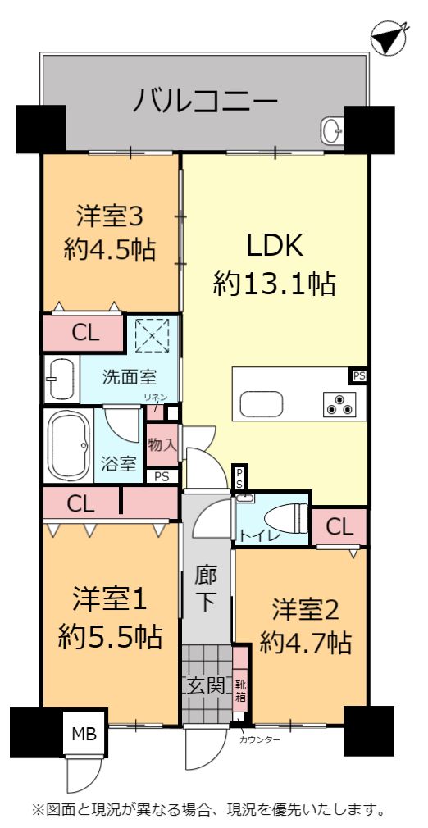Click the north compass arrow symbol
[388, 38]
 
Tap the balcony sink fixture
[332, 130]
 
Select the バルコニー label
[205, 100]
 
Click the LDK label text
[274, 246]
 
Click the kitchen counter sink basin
[262, 404]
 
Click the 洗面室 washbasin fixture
[61, 379]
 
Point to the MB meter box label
[84, 735]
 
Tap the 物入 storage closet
[162, 444]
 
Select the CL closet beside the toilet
[339, 527]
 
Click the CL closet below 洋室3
[84, 333]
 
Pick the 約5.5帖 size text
[110, 638]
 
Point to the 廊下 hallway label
[205, 588]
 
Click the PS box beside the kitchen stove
[359, 376]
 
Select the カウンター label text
[259, 739]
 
